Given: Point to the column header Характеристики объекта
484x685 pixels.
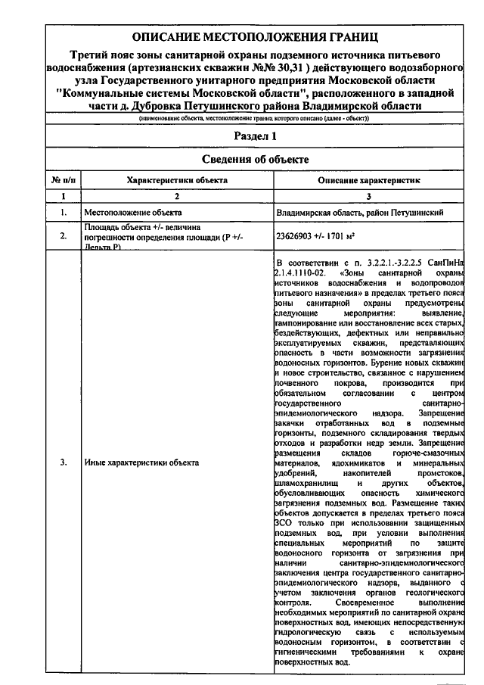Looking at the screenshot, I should [176, 181].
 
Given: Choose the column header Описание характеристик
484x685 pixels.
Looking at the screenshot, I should [368, 181].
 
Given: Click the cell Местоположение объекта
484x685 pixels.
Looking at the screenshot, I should [132, 213].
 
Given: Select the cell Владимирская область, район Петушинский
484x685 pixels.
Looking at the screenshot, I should [359, 213].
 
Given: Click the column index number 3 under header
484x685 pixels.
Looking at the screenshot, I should [368, 196].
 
